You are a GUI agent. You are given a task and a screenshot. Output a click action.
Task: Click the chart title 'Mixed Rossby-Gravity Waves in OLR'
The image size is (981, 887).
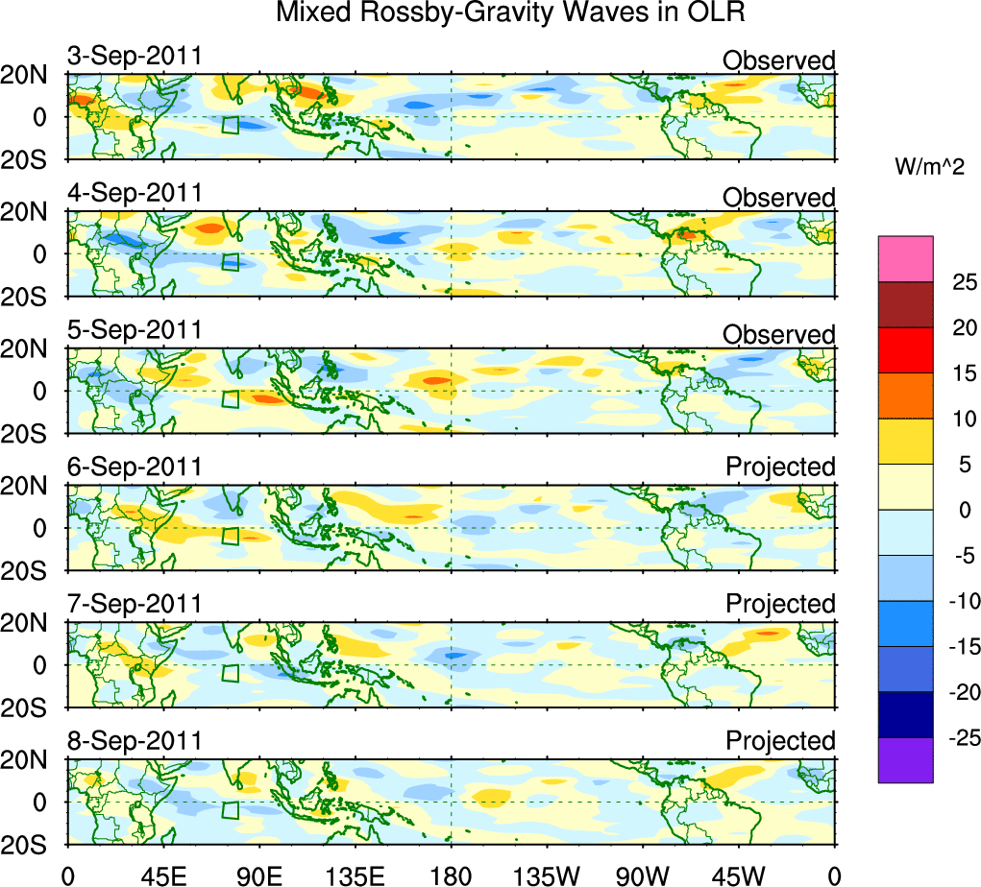510,13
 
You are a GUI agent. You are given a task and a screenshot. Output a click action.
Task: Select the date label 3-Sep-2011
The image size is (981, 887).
135,56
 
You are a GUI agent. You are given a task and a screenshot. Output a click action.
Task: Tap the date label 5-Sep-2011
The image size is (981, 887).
135,330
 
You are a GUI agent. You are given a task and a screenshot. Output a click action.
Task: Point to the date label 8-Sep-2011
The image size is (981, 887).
135,741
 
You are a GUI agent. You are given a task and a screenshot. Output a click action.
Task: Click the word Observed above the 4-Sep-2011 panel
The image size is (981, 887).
779,198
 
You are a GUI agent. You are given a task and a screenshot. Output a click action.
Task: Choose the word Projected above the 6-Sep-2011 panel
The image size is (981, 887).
780,467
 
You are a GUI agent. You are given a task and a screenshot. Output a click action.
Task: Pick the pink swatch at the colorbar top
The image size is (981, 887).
905,258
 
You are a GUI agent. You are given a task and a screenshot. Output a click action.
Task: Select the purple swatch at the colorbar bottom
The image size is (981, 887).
905,760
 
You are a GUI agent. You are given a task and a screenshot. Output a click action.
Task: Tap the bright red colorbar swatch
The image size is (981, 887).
905,350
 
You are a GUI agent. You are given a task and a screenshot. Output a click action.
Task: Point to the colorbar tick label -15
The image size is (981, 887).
961,647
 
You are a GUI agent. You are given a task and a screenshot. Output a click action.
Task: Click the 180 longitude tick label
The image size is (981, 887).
451,875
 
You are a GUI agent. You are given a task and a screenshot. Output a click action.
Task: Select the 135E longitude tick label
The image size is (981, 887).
355,875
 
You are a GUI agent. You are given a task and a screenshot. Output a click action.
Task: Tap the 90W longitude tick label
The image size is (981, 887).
643,875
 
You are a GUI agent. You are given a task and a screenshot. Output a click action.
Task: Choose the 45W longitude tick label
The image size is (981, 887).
739,875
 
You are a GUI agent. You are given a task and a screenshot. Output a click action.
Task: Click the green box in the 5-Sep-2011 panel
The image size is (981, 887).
230,398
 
